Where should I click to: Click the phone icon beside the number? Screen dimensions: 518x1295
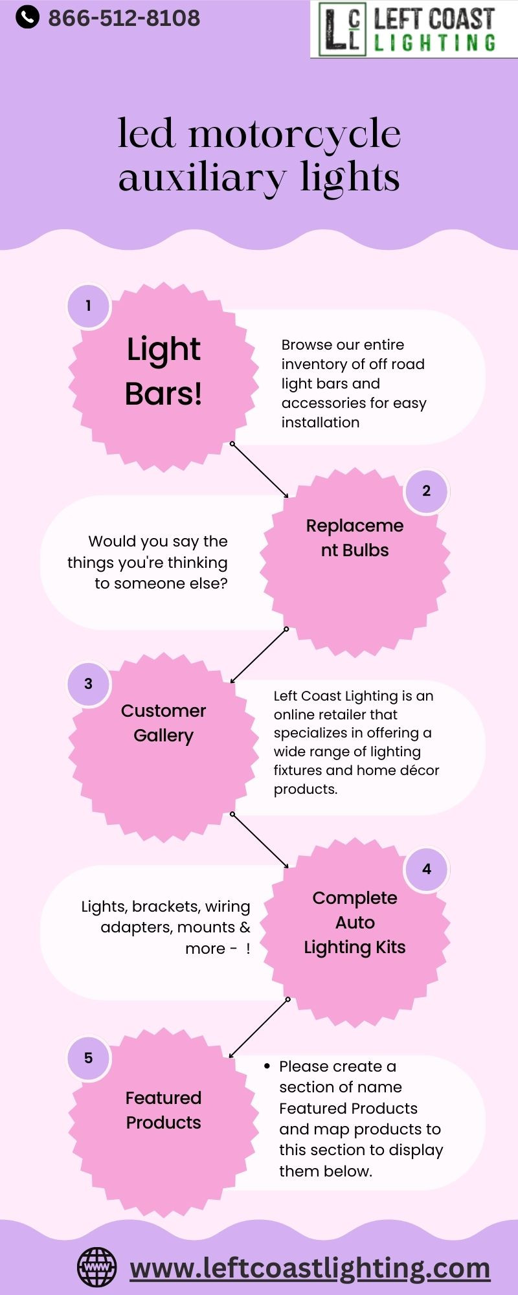[27, 17]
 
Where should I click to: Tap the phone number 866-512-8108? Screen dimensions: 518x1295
[124, 18]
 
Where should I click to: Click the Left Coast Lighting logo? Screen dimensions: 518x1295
[414, 29]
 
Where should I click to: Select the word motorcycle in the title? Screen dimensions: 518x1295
[295, 135]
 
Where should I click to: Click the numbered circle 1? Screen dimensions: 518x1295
[89, 306]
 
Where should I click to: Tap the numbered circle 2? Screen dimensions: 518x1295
[426, 491]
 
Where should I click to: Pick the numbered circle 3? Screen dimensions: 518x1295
[89, 684]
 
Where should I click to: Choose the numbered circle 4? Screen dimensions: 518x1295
[426, 869]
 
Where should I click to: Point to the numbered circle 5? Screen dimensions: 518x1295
[89, 1058]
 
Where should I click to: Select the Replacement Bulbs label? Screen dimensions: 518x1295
[355, 538]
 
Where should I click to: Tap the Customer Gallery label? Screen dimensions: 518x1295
[163, 723]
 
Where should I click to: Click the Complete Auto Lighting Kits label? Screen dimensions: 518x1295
[355, 923]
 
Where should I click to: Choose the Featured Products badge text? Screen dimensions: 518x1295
[163, 1110]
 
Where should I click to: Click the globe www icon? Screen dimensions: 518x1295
[97, 1267]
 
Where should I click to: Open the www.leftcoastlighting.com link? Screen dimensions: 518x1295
[310, 1268]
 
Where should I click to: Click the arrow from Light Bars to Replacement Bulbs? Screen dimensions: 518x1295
[260, 471]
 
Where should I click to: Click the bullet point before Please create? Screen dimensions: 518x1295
[267, 1066]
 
